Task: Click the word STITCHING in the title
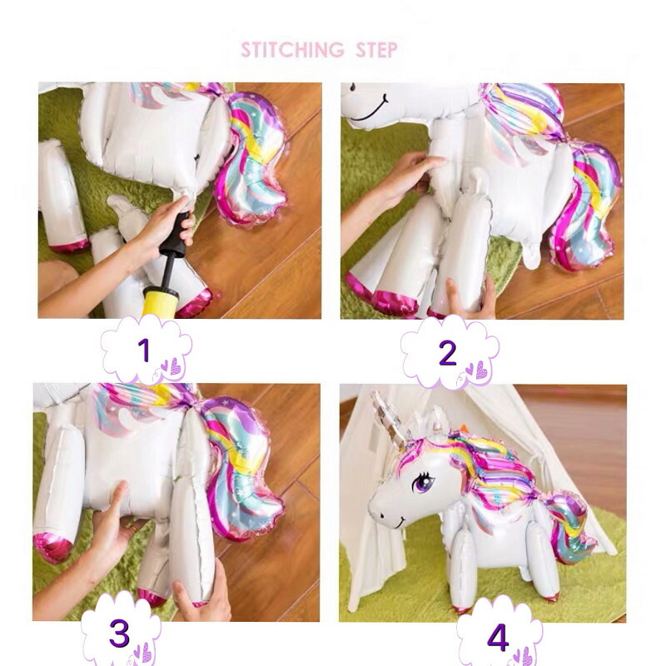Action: [x=293, y=50]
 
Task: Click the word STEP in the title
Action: [x=377, y=50]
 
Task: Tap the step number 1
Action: [x=144, y=350]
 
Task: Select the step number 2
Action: [x=447, y=353]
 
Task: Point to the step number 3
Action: [x=119, y=633]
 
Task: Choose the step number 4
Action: [x=498, y=637]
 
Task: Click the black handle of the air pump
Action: [x=175, y=235]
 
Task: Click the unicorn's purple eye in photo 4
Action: [x=422, y=483]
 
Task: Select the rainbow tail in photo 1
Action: [x=251, y=159]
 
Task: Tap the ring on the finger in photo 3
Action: [x=133, y=529]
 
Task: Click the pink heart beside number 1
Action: [x=176, y=366]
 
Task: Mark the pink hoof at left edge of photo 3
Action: [x=52, y=548]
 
